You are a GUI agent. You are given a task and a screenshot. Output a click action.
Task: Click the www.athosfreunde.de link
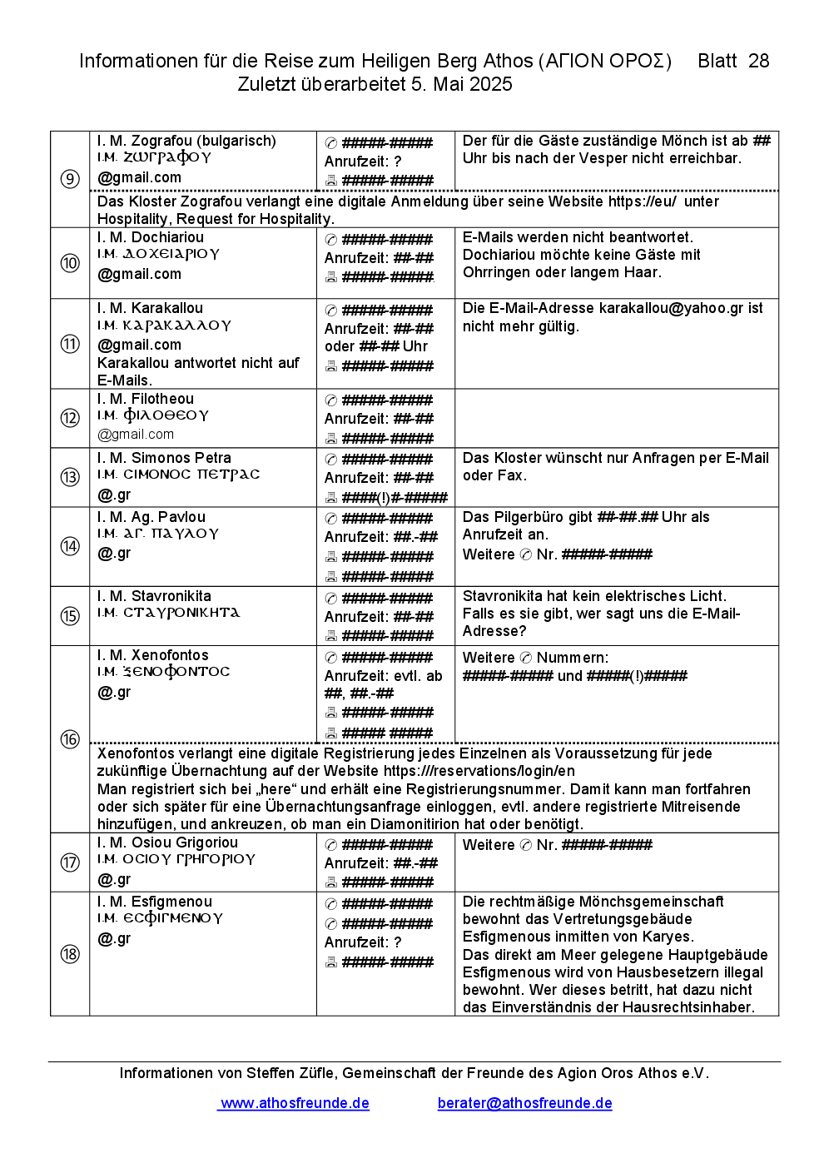tap(295, 1103)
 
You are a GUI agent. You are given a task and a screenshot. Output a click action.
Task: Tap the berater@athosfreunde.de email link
tap(524, 1103)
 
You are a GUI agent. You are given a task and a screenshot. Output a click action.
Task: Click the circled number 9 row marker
tap(70, 179)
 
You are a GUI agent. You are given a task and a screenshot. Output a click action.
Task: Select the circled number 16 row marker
tap(70, 739)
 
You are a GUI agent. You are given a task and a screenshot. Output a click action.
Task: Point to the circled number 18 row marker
tap(70, 954)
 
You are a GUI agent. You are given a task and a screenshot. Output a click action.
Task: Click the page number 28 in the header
tap(758, 61)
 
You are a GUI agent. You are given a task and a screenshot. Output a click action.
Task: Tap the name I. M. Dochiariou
tap(151, 237)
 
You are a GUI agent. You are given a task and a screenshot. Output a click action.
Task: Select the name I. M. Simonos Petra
tap(164, 458)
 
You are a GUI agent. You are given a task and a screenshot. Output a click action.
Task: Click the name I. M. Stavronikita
tap(154, 596)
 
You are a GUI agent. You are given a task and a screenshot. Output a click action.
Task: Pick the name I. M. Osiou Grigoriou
tap(167, 842)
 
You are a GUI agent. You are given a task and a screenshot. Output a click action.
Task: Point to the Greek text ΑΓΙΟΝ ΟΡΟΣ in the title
tap(605, 61)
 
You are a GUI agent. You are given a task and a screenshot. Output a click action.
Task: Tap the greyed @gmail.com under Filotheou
tap(136, 435)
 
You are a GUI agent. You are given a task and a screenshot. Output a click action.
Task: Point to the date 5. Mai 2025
tap(461, 84)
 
